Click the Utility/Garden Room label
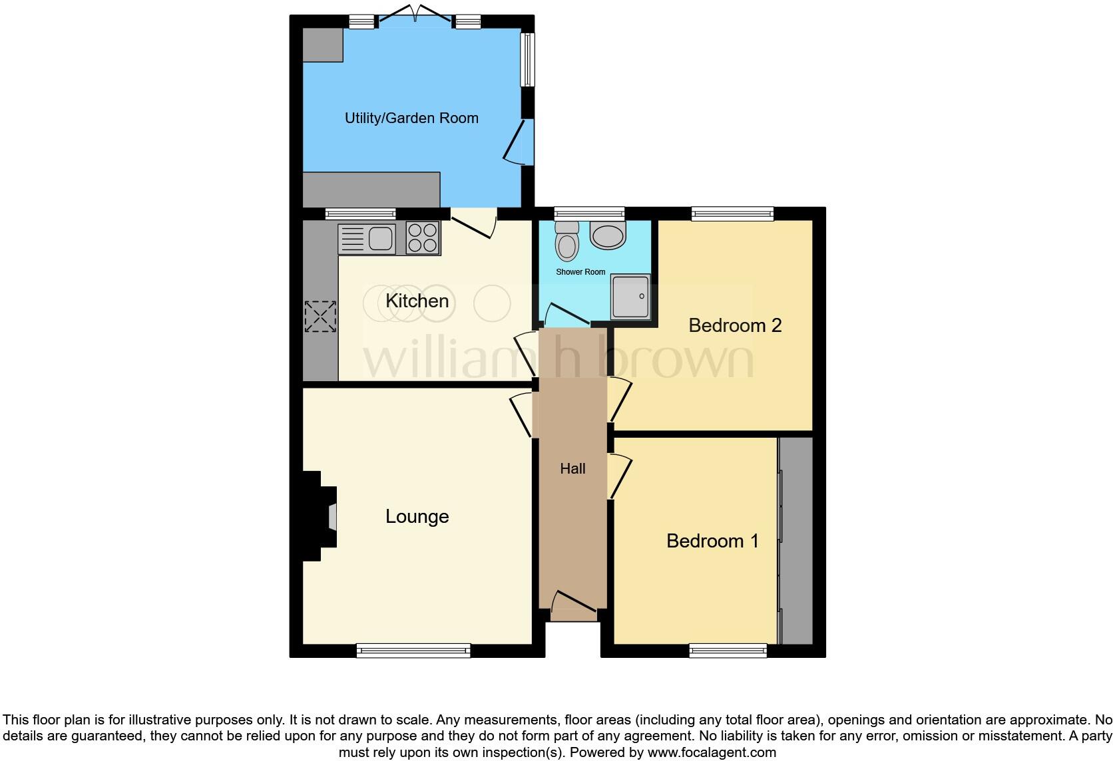click(411, 118)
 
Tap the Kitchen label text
click(417, 301)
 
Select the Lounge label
click(417, 516)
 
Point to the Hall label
click(572, 469)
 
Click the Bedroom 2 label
click(734, 325)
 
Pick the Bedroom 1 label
click(712, 541)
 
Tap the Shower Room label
click(580, 272)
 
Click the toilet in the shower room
click(567, 240)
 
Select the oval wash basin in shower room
click(608, 235)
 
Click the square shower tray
click(630, 296)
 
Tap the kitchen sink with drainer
click(367, 239)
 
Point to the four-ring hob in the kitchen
click(423, 238)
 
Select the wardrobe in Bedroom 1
click(796, 540)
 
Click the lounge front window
click(413, 650)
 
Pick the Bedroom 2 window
click(732, 214)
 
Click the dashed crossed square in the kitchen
click(320, 317)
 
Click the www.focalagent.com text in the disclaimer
click(712, 753)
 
